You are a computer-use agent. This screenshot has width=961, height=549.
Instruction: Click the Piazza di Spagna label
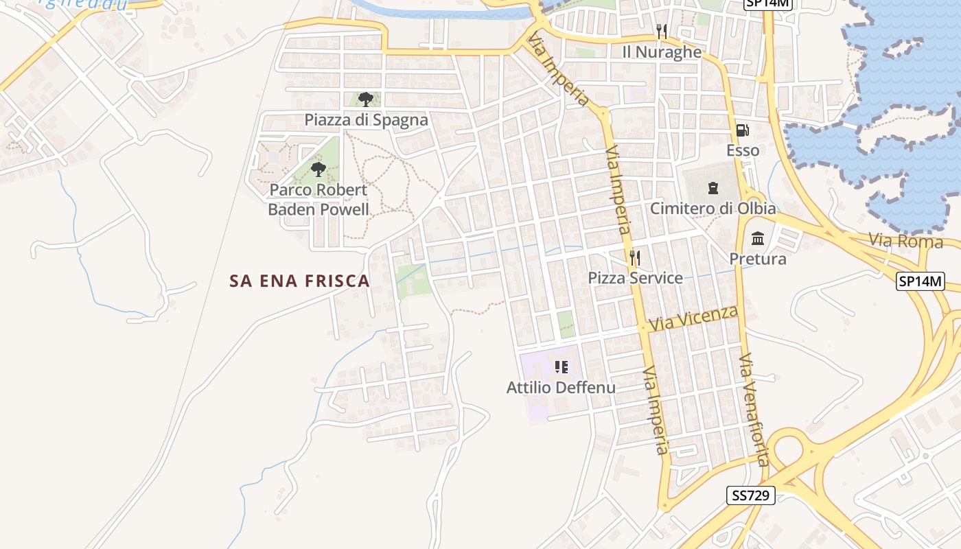click(x=366, y=120)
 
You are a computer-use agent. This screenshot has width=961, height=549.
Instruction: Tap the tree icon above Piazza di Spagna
click(x=366, y=100)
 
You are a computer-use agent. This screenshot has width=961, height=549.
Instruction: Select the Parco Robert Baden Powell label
click(x=319, y=200)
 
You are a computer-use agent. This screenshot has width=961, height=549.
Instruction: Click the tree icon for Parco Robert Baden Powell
click(x=318, y=169)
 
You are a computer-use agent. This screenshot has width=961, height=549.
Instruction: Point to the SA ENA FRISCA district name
click(x=300, y=281)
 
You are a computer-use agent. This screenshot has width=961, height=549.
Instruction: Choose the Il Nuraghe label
click(x=662, y=52)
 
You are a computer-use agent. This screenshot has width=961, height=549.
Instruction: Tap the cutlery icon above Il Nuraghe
click(x=662, y=32)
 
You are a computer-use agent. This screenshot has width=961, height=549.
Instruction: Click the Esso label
click(x=743, y=150)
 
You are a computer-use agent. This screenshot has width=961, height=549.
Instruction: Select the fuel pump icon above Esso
click(x=743, y=130)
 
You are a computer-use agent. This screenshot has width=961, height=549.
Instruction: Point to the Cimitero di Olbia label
click(x=713, y=209)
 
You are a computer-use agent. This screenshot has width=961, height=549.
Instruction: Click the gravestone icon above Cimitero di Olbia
click(x=713, y=187)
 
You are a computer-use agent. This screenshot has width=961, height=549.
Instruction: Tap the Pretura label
click(x=758, y=259)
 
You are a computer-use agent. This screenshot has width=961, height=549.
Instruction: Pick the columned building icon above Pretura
click(x=758, y=238)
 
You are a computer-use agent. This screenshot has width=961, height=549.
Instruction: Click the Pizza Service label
click(x=635, y=278)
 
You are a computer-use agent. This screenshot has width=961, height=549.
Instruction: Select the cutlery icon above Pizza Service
click(x=635, y=257)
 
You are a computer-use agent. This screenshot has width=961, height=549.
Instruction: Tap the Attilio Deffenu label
click(x=561, y=388)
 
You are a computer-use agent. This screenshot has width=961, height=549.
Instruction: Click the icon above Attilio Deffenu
click(x=561, y=367)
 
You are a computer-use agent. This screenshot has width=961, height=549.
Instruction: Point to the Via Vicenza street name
click(x=693, y=318)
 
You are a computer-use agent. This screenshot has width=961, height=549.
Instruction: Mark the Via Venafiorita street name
click(x=753, y=410)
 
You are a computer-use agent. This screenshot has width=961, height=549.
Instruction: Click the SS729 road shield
click(x=750, y=495)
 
